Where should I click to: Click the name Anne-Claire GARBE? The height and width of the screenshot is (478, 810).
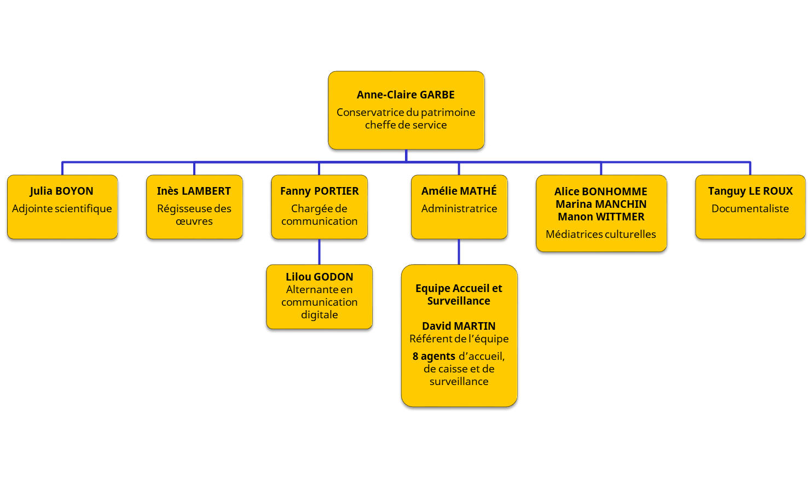coord(406,95)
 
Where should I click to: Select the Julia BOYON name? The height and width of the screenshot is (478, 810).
coord(61,191)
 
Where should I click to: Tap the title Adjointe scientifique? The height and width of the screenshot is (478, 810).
coord(62,208)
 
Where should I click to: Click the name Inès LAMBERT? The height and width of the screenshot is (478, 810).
coord(194,191)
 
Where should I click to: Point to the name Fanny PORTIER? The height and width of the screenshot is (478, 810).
coord(320,191)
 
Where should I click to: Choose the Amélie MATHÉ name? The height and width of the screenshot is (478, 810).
coord(459,191)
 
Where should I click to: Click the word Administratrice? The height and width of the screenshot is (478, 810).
coord(459,208)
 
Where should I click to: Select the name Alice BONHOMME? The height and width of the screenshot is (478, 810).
coord(600,191)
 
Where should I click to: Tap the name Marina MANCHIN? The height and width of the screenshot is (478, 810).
coord(601,204)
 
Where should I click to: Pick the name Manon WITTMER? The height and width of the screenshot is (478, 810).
coord(601,217)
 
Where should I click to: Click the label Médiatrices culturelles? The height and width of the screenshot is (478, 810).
coord(600,234)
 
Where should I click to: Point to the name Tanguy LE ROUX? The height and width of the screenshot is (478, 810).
coord(750,191)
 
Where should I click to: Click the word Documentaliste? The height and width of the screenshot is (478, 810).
coord(750,208)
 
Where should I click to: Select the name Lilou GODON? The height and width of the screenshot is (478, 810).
coord(319,277)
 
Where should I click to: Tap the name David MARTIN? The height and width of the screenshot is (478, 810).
coord(459,326)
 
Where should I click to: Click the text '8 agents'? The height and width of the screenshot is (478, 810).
coord(433,356)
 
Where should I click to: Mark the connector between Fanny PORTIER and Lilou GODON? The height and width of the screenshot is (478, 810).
coord(319,253)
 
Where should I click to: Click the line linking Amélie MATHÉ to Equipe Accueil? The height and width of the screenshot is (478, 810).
coord(459,253)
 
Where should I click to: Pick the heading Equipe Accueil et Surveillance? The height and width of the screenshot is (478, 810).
coord(459,294)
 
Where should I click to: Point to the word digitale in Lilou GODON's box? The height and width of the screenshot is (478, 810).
coord(319,314)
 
